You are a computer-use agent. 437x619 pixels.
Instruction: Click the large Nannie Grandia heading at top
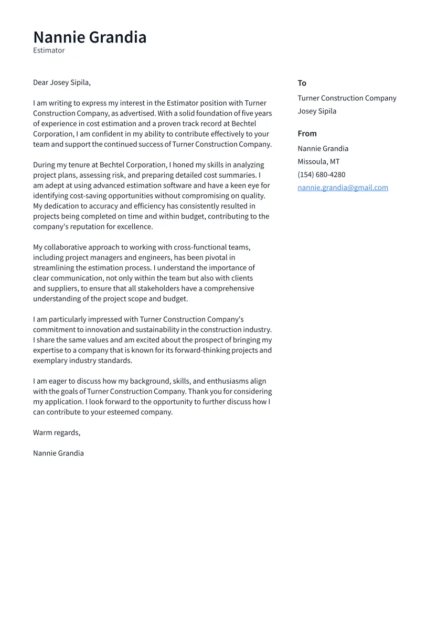[90, 37]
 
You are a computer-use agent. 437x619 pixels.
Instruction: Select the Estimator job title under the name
[49, 50]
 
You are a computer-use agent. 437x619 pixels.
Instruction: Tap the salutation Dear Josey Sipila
[62, 82]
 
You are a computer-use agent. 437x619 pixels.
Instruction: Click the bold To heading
[302, 83]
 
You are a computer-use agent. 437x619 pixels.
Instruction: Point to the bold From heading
[307, 133]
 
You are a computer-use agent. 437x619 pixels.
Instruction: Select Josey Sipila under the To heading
[317, 111]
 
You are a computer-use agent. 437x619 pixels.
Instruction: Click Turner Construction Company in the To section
[347, 98]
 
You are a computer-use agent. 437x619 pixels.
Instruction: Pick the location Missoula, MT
[318, 161]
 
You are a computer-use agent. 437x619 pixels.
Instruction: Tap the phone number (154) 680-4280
[321, 174]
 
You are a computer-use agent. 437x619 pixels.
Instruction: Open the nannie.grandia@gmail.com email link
[343, 188]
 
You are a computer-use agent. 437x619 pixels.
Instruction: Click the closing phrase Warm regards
[57, 432]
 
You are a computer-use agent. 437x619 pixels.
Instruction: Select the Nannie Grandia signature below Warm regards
[58, 453]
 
